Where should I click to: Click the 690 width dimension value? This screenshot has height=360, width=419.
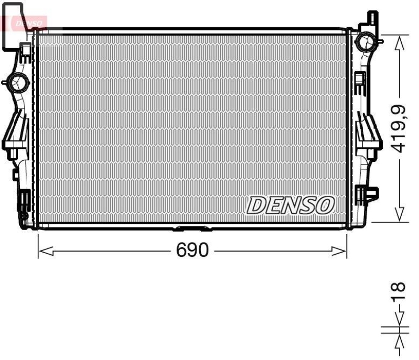point(192,251)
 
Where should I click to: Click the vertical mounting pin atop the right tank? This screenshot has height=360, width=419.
point(373,19)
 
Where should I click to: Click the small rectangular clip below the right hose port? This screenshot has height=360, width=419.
point(359,79)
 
